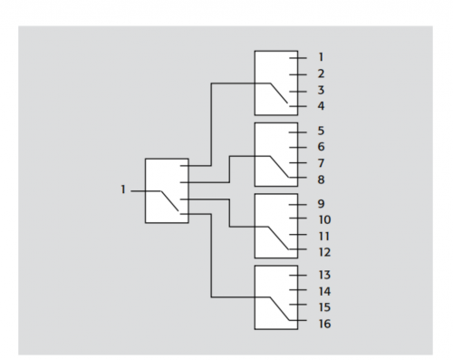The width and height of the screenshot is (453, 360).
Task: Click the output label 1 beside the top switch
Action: click(x=321, y=57)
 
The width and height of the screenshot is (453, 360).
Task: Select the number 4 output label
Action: click(x=321, y=106)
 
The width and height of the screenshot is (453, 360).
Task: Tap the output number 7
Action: click(x=321, y=163)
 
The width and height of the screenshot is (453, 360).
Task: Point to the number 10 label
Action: click(x=324, y=219)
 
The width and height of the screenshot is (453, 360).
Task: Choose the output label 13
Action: click(x=324, y=275)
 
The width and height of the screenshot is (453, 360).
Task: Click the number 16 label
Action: click(x=324, y=324)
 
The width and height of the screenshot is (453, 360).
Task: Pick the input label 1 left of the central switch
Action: click(x=123, y=190)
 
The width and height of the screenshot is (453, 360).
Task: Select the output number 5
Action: click(x=321, y=131)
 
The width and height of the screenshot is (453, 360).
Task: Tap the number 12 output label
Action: click(x=324, y=252)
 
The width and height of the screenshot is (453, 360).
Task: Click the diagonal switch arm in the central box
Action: click(x=169, y=201)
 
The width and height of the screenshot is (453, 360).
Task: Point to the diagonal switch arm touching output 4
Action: click(x=279, y=93)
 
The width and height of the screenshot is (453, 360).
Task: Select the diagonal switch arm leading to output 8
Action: click(x=279, y=167)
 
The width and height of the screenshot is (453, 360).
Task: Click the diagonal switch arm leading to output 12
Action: click(x=278, y=238)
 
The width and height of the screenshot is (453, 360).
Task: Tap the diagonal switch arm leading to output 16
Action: click(x=279, y=308)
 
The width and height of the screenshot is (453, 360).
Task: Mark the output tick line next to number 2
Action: click(x=298, y=74)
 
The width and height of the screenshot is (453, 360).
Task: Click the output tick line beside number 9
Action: click(x=298, y=205)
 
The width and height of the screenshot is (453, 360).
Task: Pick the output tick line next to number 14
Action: click(x=298, y=290)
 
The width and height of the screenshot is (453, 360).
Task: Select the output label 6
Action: click(x=321, y=147)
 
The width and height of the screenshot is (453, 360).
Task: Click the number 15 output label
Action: click(x=324, y=307)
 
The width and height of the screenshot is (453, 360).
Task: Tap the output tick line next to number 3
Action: click(x=298, y=92)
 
